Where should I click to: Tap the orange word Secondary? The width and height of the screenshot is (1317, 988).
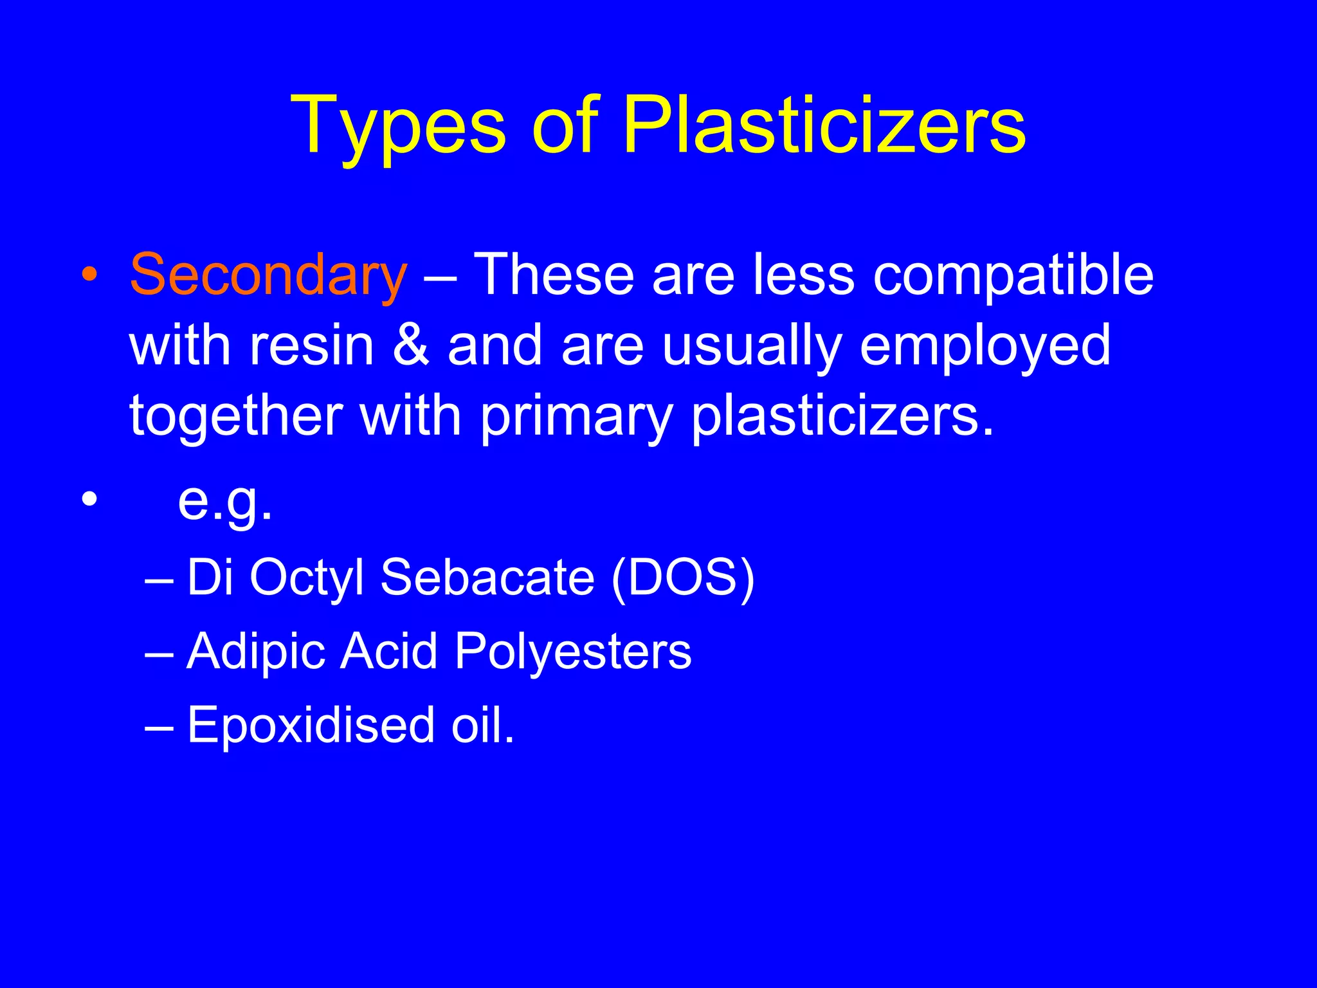pyautogui.click(x=268, y=275)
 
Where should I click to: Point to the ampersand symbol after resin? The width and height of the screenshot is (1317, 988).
pyautogui.click(x=411, y=345)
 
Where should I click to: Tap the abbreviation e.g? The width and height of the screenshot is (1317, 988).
pyautogui.click(x=225, y=502)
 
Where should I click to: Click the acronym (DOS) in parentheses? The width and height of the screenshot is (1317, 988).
pyautogui.click(x=683, y=577)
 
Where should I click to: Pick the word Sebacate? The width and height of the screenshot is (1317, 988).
pyautogui.click(x=487, y=577)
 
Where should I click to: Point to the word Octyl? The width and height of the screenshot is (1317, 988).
pyautogui.click(x=307, y=578)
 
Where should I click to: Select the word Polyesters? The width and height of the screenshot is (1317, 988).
pyautogui.click(x=573, y=652)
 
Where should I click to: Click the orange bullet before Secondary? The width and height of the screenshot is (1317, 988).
pyautogui.click(x=90, y=275)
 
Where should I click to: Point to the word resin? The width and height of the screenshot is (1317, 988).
pyautogui.click(x=312, y=345)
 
